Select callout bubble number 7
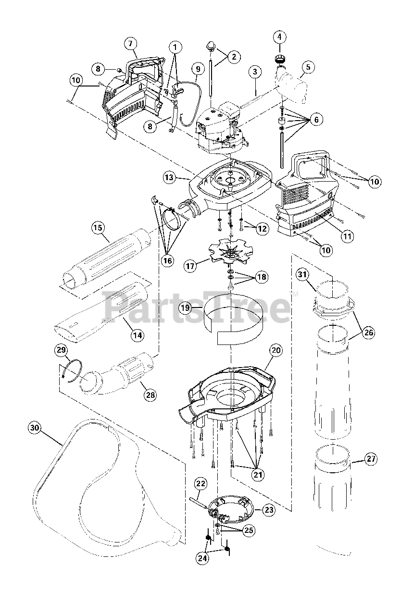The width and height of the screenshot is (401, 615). pos(130,43)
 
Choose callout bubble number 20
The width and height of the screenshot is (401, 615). pos(275,351)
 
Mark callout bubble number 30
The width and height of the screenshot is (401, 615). pos(35,427)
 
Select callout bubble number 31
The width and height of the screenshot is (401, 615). pos(301,275)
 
